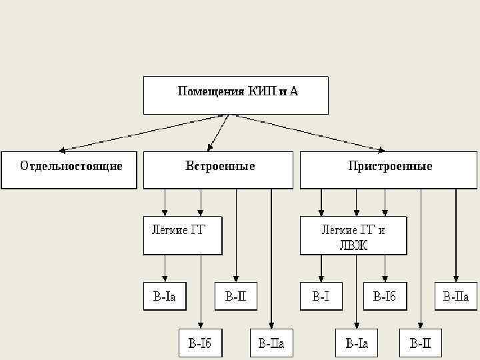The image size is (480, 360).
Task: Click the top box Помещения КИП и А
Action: coord(236,95)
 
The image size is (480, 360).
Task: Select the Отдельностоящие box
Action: coord(71,169)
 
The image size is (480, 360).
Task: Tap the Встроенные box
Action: coord(218,169)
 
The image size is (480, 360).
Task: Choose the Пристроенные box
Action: coord(390,169)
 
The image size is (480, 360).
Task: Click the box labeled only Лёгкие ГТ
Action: coord(183,235)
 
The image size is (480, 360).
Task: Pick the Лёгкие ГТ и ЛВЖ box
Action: coord(353,235)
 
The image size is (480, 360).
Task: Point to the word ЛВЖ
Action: coord(353,244)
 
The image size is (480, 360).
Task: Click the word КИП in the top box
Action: coord(260,91)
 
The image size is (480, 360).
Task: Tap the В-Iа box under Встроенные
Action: coord(165,296)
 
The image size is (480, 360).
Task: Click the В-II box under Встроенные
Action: coord(235,296)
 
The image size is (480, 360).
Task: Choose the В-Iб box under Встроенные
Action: coord(200,343)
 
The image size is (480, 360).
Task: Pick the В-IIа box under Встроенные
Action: coord(271,343)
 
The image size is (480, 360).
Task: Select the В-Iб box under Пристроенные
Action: coord(384,296)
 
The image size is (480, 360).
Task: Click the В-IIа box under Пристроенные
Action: coord(456,296)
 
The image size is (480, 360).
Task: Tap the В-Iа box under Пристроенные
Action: coord(356,343)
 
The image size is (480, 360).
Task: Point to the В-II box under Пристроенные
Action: coord(421,343)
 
